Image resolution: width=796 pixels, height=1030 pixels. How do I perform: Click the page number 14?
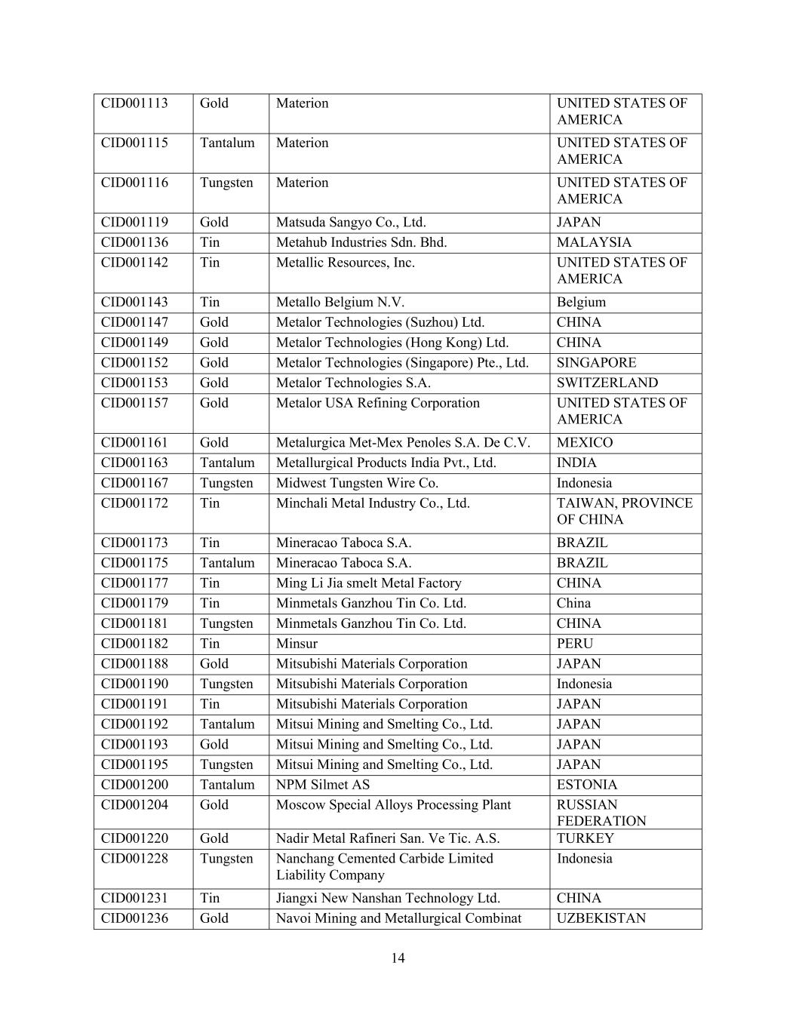click(398, 958)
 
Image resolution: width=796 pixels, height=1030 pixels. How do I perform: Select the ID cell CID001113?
click(135, 103)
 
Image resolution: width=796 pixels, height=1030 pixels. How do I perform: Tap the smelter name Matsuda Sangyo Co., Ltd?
click(351, 223)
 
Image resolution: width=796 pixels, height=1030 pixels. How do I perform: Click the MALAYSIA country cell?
click(594, 242)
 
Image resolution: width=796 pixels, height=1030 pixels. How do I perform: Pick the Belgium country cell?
click(581, 303)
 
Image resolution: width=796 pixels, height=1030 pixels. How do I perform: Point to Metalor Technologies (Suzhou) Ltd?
click(380, 322)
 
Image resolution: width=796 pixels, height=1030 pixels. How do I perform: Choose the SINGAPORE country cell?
click(596, 362)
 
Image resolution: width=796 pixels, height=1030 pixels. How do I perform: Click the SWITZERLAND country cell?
click(607, 383)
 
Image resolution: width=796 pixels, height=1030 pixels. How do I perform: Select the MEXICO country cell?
click(585, 443)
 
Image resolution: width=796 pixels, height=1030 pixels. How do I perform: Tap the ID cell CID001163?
click(135, 463)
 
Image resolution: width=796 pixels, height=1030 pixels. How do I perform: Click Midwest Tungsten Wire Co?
click(357, 483)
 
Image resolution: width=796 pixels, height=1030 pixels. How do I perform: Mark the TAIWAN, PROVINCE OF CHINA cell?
click(624, 512)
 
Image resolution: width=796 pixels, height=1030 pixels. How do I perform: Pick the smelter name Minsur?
click(297, 644)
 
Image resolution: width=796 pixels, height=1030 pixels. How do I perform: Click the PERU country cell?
click(575, 644)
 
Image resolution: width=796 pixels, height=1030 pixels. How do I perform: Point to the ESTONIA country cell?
click(587, 785)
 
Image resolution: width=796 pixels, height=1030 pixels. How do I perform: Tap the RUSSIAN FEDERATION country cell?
click(601, 813)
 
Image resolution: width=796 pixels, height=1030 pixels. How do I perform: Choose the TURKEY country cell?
click(585, 838)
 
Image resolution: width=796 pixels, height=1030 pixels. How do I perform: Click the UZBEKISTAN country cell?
click(601, 918)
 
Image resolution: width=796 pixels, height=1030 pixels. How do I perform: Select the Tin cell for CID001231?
click(210, 898)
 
